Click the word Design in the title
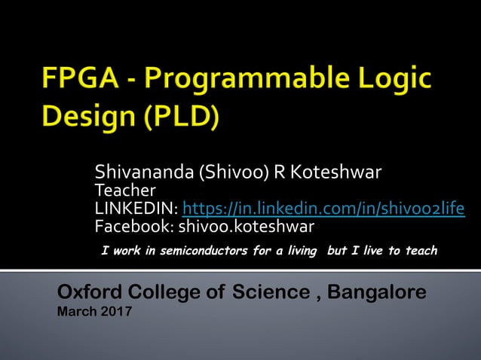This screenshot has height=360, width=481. coord(79,117)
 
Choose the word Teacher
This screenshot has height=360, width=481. coord(124,191)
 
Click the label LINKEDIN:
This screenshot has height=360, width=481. coord(136,209)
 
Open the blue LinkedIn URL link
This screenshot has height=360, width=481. coord(323,209)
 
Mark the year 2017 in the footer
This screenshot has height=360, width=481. coord(116,312)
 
